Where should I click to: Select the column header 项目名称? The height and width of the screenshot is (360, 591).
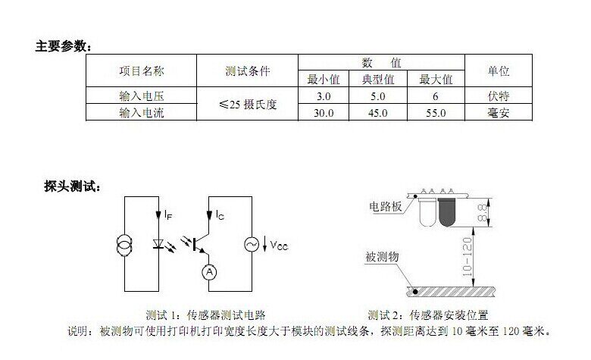pyautogui.click(x=141, y=71)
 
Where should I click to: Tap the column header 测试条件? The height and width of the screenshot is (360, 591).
pyautogui.click(x=247, y=71)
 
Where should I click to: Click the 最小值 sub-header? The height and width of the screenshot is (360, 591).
pyautogui.click(x=324, y=79)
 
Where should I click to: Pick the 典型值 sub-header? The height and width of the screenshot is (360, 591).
pyautogui.click(x=379, y=79)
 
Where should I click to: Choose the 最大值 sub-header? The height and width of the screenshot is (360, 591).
pyautogui.click(x=436, y=79)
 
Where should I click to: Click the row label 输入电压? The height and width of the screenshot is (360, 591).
pyautogui.click(x=141, y=96)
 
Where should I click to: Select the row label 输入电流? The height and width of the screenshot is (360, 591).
pyautogui.click(x=141, y=113)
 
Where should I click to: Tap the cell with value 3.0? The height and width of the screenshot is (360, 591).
pyautogui.click(x=324, y=96)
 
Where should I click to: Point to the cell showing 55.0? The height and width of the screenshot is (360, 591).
pyautogui.click(x=436, y=113)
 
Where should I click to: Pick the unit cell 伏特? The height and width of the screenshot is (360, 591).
pyautogui.click(x=497, y=96)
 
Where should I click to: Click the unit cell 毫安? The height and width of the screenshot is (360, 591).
pyautogui.click(x=497, y=113)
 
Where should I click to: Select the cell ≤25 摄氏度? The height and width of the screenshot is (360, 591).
pyautogui.click(x=247, y=105)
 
